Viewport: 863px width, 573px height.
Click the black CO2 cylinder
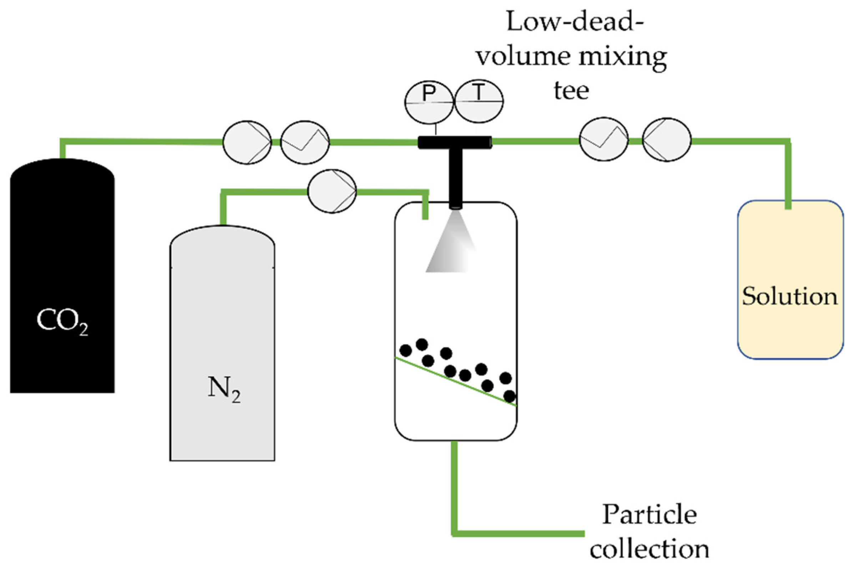click(62, 256)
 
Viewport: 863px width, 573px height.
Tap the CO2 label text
click(62, 322)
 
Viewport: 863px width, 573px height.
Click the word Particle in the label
click(649, 514)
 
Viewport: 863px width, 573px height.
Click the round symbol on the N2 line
click(332, 191)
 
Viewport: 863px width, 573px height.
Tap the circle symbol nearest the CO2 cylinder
click(247, 142)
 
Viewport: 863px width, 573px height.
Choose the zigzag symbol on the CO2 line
click(304, 142)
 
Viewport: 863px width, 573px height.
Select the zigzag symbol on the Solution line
click(604, 139)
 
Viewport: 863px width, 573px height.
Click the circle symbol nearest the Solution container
click(666, 140)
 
